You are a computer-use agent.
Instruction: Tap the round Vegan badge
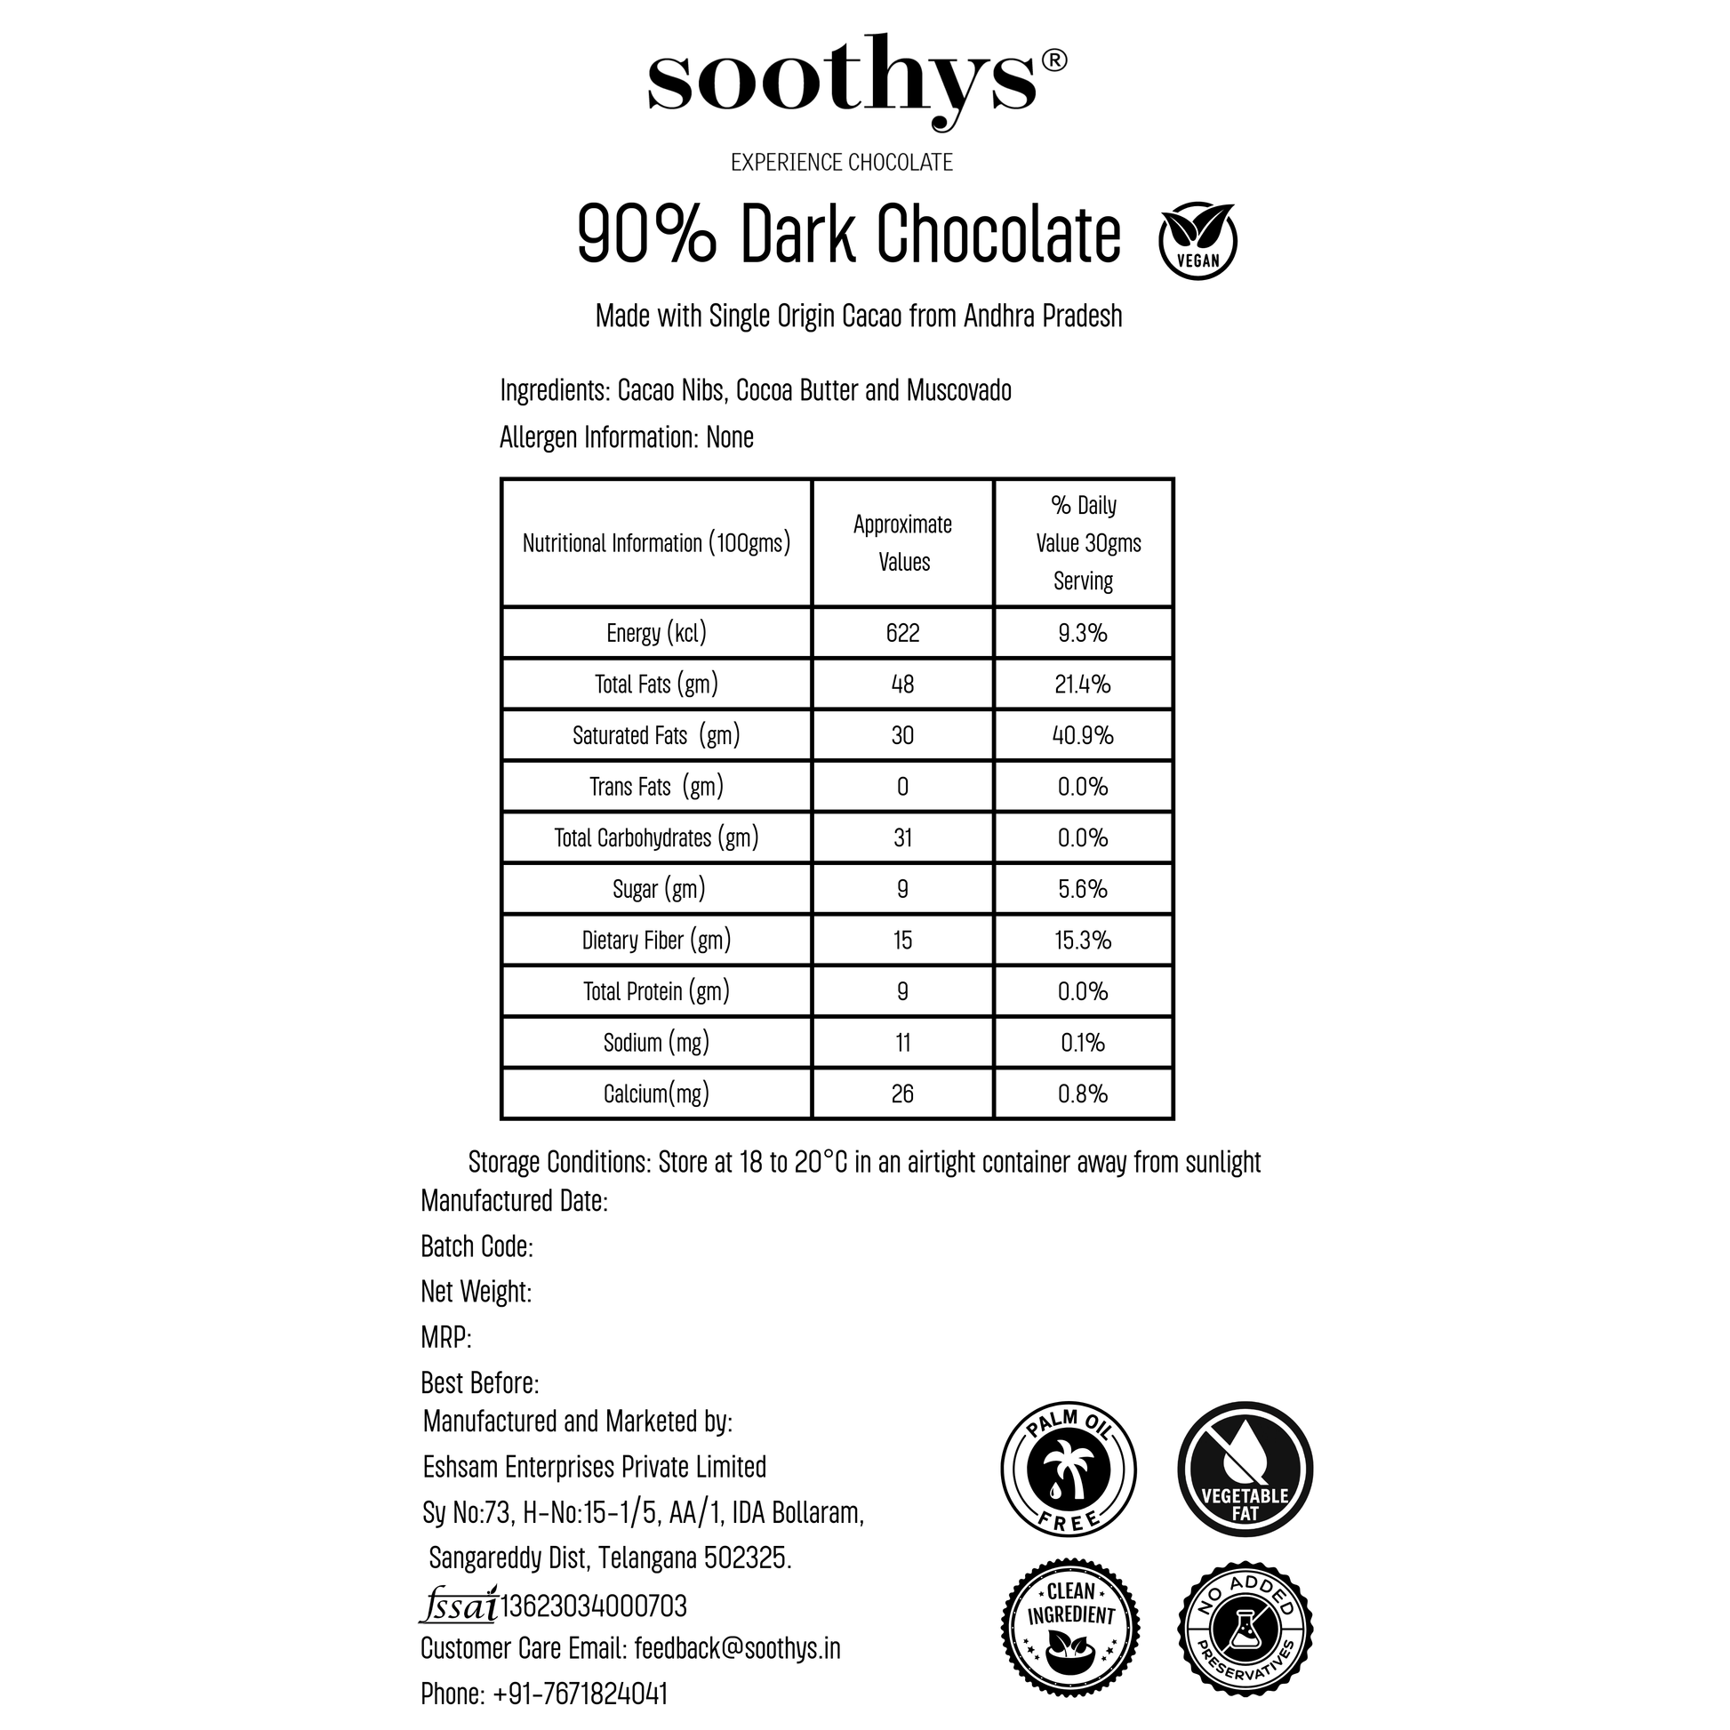click(1197, 240)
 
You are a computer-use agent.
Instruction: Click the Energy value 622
click(902, 633)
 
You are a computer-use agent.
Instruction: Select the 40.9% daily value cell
click(1083, 735)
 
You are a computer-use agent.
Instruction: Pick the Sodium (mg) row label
click(656, 1042)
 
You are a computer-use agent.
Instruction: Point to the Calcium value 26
click(902, 1093)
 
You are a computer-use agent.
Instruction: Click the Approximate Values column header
click(902, 542)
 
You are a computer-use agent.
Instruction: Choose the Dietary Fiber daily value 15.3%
click(1083, 941)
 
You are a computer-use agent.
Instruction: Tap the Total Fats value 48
click(902, 685)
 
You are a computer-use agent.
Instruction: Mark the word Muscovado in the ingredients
click(958, 390)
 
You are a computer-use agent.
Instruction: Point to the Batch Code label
click(477, 1245)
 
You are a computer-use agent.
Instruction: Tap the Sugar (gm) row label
click(658, 889)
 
